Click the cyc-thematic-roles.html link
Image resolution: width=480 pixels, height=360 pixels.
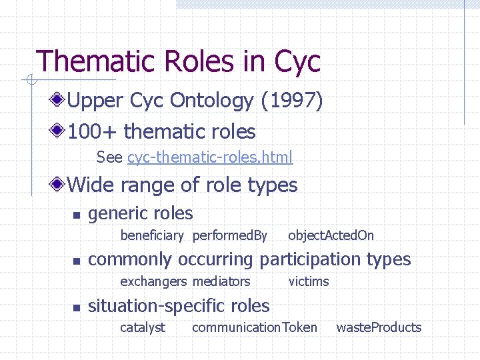(209, 157)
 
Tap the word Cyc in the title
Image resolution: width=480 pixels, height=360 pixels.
(297, 61)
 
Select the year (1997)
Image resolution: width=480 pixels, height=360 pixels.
(292, 101)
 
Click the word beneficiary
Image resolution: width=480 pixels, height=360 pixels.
(151, 235)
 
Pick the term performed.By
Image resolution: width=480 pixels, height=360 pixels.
(229, 235)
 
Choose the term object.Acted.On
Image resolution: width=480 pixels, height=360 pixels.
(331, 235)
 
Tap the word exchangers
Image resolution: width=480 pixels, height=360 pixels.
(153, 281)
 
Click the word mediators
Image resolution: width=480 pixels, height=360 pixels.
(221, 281)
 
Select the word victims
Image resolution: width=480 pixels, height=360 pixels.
(309, 281)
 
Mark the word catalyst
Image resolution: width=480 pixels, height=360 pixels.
(143, 327)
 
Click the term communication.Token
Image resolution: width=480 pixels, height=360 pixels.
(255, 327)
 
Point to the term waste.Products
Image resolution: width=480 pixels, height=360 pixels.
(379, 327)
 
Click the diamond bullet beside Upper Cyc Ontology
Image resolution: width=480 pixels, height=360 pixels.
(59, 101)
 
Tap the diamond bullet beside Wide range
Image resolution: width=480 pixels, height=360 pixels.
(59, 184)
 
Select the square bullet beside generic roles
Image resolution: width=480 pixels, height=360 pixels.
(77, 215)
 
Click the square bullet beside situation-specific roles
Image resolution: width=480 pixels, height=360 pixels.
(77, 307)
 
